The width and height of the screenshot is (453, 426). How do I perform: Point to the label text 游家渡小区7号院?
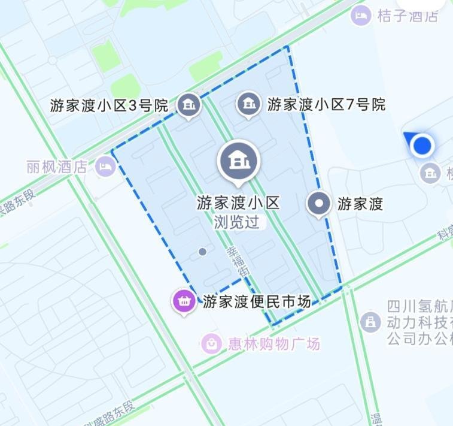point(326,105)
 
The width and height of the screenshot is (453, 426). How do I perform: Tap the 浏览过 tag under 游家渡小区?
point(238,222)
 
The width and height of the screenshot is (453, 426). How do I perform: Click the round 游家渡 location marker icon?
point(318,204)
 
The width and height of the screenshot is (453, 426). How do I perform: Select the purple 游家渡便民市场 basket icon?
point(184,301)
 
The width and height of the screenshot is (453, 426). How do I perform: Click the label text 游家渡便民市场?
point(257,301)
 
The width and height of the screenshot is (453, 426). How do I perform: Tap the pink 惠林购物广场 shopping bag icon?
point(211,343)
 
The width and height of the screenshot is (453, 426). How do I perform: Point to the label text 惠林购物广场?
point(274,343)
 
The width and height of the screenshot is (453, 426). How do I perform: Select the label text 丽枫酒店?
point(57,167)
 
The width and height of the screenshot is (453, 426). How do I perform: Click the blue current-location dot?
point(423,145)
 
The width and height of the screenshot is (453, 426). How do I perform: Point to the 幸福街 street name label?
point(236,262)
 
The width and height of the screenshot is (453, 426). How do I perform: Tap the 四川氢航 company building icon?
point(371,322)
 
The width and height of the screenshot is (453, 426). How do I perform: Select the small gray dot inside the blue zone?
point(202,252)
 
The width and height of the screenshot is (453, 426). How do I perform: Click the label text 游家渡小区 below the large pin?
point(238,203)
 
